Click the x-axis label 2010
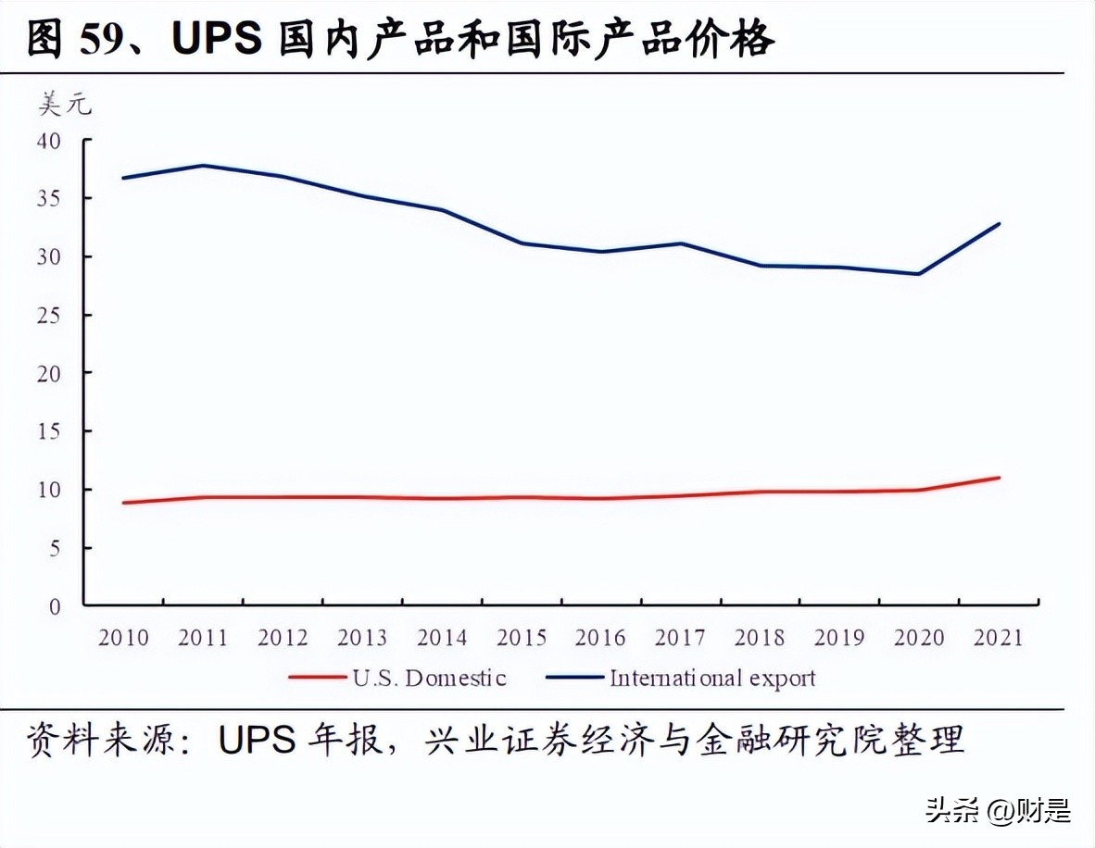tap(123, 638)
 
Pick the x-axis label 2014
tap(442, 638)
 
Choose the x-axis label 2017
tap(681, 638)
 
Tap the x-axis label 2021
tap(999, 638)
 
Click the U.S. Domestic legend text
tap(429, 678)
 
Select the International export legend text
tap(712, 678)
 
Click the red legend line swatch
tap(317, 678)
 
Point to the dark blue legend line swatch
tap(574, 678)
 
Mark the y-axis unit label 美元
tap(65, 105)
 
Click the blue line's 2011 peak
tap(203, 166)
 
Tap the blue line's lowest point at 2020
tap(919, 274)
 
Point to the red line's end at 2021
tap(999, 478)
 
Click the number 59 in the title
tap(101, 40)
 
